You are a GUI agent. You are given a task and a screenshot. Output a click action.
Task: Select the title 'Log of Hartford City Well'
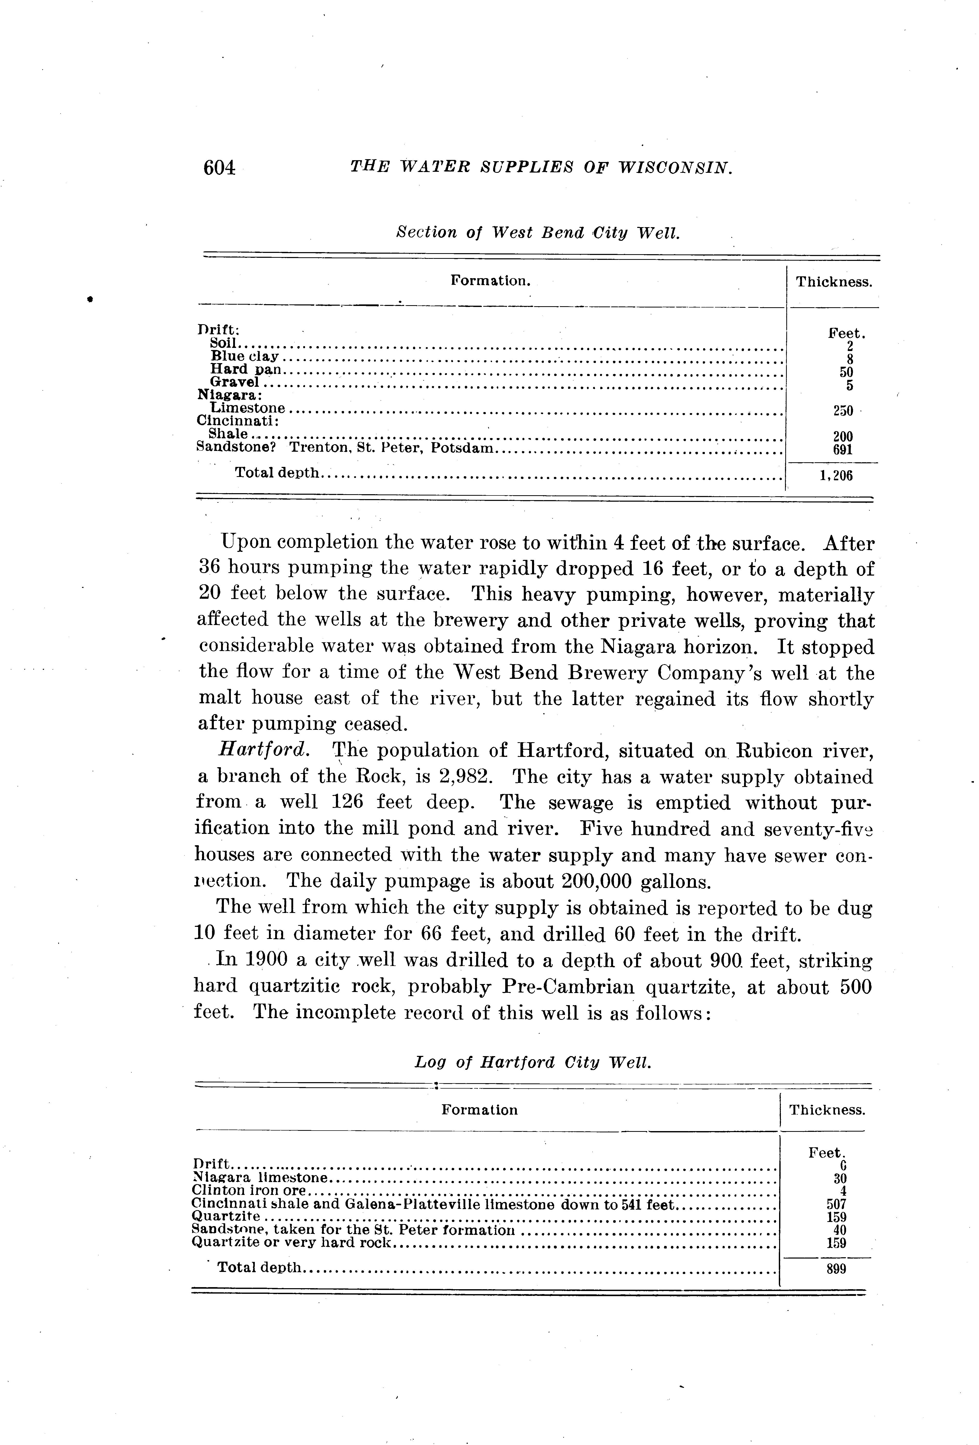533,1062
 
